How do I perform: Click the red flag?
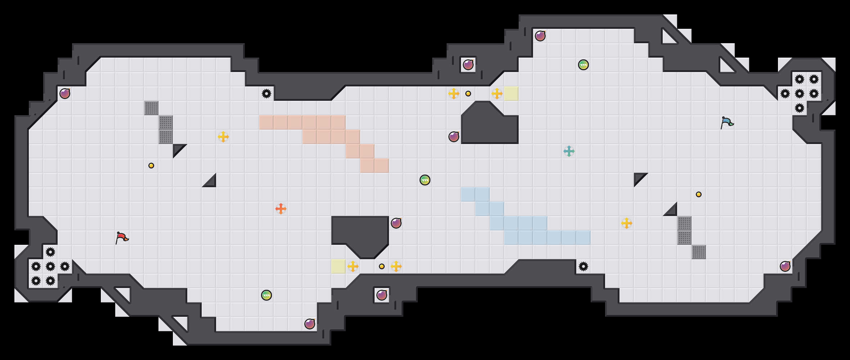tap(122, 238)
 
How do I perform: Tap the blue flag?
tap(727, 122)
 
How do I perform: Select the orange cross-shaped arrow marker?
tap(281, 209)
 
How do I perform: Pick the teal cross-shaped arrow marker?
tap(569, 151)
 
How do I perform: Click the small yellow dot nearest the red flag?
tap(151, 166)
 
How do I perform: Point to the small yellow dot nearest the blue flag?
tap(699, 194)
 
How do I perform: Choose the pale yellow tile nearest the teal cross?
tap(511, 94)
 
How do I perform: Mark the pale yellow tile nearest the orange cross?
tap(339, 266)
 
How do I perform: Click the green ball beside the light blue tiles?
tap(425, 180)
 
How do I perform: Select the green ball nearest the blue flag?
tap(583, 65)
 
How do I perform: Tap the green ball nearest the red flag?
tap(267, 295)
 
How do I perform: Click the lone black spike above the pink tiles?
tap(267, 94)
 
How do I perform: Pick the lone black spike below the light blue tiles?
tap(583, 266)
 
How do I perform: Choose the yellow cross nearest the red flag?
tap(223, 137)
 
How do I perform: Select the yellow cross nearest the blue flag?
tap(627, 223)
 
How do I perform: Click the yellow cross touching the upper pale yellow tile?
tap(497, 94)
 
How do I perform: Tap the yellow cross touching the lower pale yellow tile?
tap(353, 266)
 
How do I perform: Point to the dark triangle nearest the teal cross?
tap(640, 179)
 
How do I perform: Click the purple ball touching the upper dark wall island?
tap(454, 137)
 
